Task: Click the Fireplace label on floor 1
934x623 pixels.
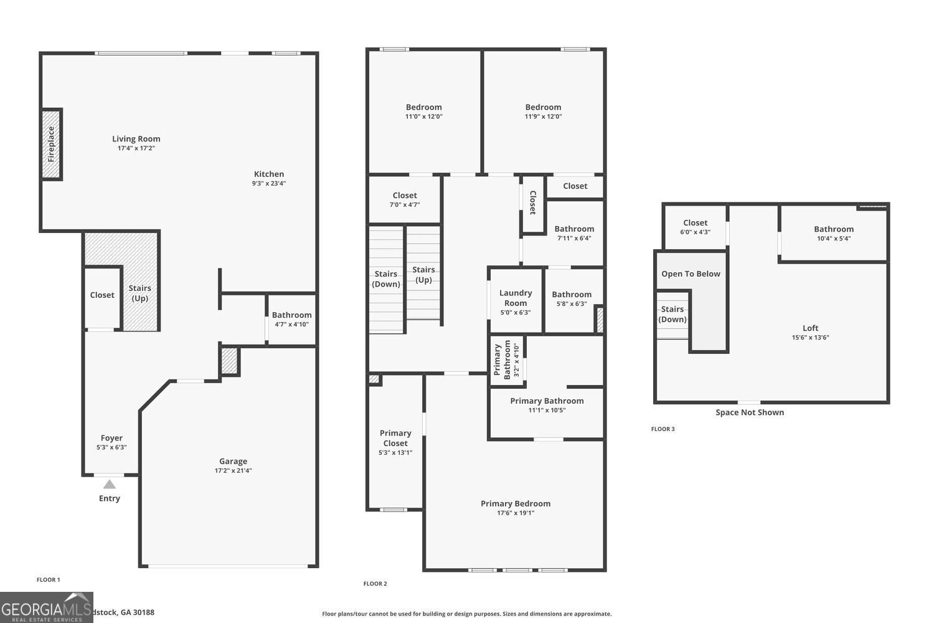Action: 52,145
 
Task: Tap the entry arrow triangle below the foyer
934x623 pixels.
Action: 109,484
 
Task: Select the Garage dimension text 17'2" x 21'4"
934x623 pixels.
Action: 233,471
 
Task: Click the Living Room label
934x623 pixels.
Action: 136,139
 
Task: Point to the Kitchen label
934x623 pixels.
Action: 268,174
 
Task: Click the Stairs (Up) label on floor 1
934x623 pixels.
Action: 139,293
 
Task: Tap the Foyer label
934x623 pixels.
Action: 111,438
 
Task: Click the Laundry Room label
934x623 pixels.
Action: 516,298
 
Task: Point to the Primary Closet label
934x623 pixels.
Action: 395,438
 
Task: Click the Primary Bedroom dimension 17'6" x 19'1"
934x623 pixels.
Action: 516,513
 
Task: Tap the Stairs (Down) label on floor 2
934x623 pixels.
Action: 386,279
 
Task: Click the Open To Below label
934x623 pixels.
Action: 691,274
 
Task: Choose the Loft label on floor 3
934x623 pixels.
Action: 810,328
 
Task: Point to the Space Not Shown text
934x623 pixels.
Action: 750,412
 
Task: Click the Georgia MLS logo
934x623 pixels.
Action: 46,607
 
